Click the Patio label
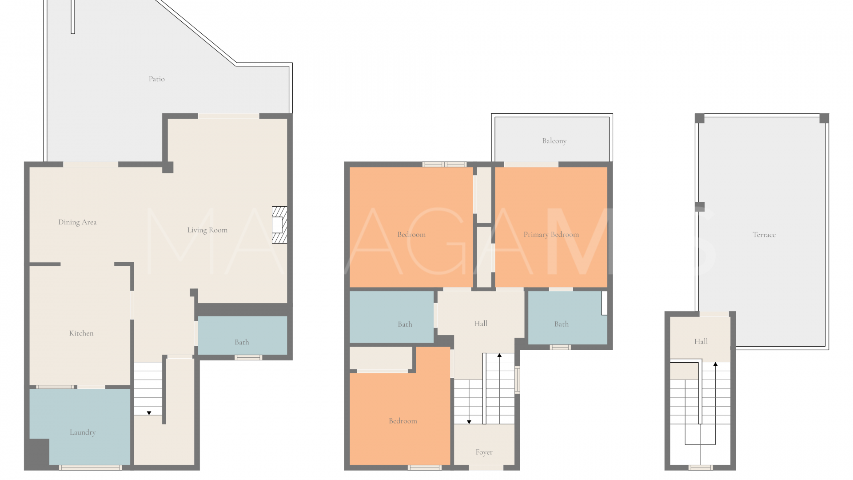(156, 79)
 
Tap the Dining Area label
(77, 222)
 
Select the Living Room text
(207, 230)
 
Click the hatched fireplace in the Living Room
(279, 225)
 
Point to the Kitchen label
(81, 333)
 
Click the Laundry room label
(83, 432)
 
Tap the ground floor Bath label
(242, 342)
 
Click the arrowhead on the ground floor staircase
(149, 413)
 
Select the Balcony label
(554, 141)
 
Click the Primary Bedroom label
(551, 235)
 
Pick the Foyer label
(484, 452)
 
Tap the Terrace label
(764, 235)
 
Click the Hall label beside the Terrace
(701, 341)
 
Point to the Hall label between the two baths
(481, 324)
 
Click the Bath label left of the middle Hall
(405, 324)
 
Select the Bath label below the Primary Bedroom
(561, 324)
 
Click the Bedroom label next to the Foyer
(403, 421)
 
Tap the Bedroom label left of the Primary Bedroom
(411, 235)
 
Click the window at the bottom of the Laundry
(90, 468)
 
